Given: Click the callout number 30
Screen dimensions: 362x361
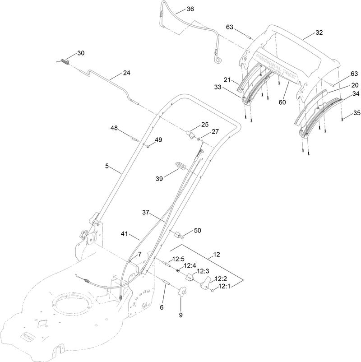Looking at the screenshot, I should pos(80,53).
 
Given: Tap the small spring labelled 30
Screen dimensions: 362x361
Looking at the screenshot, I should pos(65,61).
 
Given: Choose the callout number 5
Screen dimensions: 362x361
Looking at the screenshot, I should pos(107,166).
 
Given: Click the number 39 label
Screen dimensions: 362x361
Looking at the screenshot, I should pos(159,179).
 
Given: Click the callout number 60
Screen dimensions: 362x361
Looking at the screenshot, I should pos(282,102).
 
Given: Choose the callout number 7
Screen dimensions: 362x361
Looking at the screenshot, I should pos(139,255).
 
